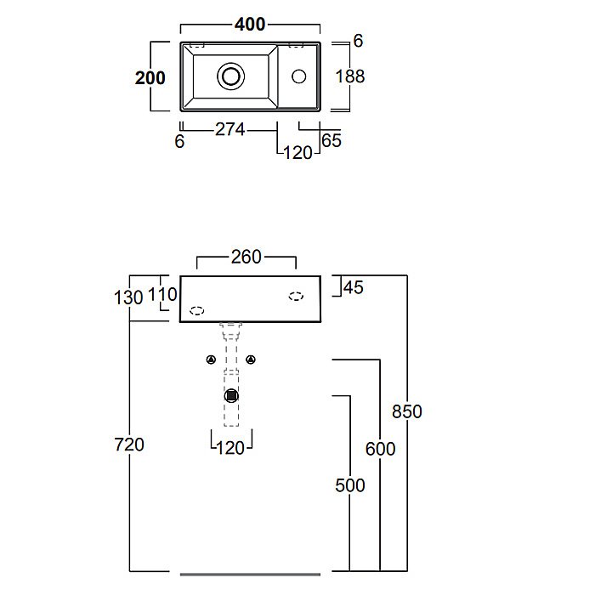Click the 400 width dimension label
pyautogui.click(x=250, y=24)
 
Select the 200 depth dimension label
pyautogui.click(x=150, y=77)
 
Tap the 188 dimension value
pyautogui.click(x=349, y=76)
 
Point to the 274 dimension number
pyautogui.click(x=229, y=129)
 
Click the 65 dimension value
pyautogui.click(x=331, y=140)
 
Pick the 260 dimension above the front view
pyautogui.click(x=246, y=256)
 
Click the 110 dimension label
pyautogui.click(x=163, y=295)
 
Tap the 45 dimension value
pyautogui.click(x=353, y=287)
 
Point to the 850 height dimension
pyautogui.click(x=407, y=411)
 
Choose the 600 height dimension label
pyautogui.click(x=380, y=449)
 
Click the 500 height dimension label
pyautogui.click(x=349, y=485)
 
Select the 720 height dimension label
pyautogui.click(x=128, y=444)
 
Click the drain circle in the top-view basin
pyautogui.click(x=229, y=76)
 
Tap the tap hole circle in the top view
pyautogui.click(x=298, y=76)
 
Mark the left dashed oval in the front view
pyautogui.click(x=196, y=310)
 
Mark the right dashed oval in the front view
pyautogui.click(x=296, y=296)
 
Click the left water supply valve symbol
pyautogui.click(x=211, y=360)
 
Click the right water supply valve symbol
pyautogui.click(x=251, y=360)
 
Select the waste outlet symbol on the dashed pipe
pyautogui.click(x=231, y=395)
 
